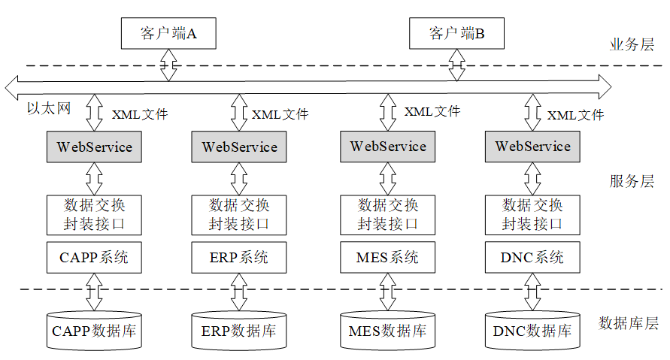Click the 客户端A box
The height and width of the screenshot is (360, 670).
pyautogui.click(x=168, y=33)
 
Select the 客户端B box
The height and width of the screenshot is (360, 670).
pyautogui.click(x=456, y=33)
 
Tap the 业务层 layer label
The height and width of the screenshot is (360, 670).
pyautogui.click(x=632, y=44)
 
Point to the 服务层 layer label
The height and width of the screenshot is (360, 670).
pyautogui.click(x=632, y=181)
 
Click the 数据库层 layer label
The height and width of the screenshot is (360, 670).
pyautogui.click(x=628, y=324)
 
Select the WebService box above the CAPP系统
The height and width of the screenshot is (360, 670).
pyautogui.click(x=95, y=147)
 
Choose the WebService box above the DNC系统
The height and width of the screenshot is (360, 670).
pyautogui.click(x=532, y=147)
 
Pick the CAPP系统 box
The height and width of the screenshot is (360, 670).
pyautogui.click(x=94, y=257)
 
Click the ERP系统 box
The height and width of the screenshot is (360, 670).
pyautogui.click(x=239, y=257)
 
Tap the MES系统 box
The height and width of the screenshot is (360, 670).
pyautogui.click(x=387, y=257)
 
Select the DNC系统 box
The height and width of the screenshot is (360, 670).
pyautogui.click(x=532, y=257)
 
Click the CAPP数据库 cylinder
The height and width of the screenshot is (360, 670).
pyautogui.click(x=94, y=331)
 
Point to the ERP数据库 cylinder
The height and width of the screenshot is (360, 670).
pyautogui.click(x=239, y=331)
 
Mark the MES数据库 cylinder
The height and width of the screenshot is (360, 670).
pyautogui.click(x=387, y=331)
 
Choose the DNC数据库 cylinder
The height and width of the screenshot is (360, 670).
pyautogui.click(x=532, y=331)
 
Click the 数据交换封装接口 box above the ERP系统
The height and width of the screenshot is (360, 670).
pyautogui.click(x=239, y=214)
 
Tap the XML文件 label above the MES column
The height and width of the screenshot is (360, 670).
pyautogui.click(x=432, y=111)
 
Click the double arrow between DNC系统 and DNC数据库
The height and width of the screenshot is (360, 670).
pyautogui.click(x=532, y=291)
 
